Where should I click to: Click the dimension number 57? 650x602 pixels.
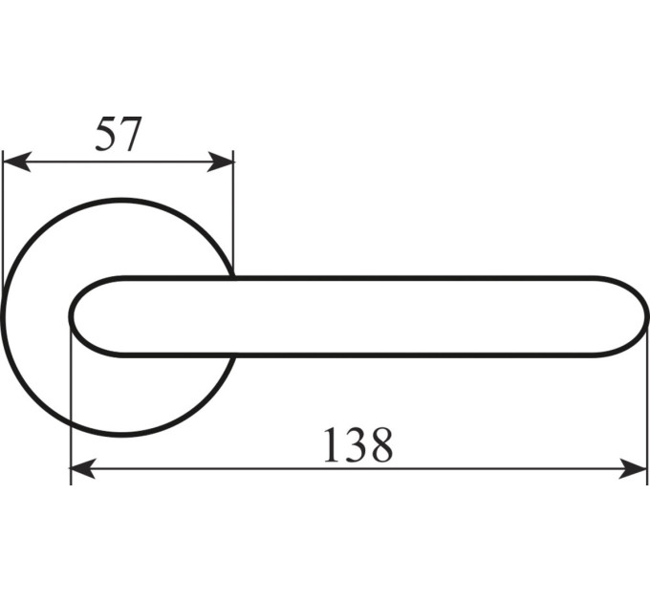119,134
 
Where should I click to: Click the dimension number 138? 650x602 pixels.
357,445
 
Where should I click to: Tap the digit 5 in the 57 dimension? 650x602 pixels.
106,134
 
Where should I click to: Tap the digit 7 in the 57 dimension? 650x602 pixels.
131,134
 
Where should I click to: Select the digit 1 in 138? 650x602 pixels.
332,444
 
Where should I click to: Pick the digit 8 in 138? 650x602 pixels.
380,445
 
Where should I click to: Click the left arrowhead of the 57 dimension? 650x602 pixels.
16,161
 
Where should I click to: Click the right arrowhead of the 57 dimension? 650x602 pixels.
220,161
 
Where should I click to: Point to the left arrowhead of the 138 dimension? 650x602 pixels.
83,468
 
